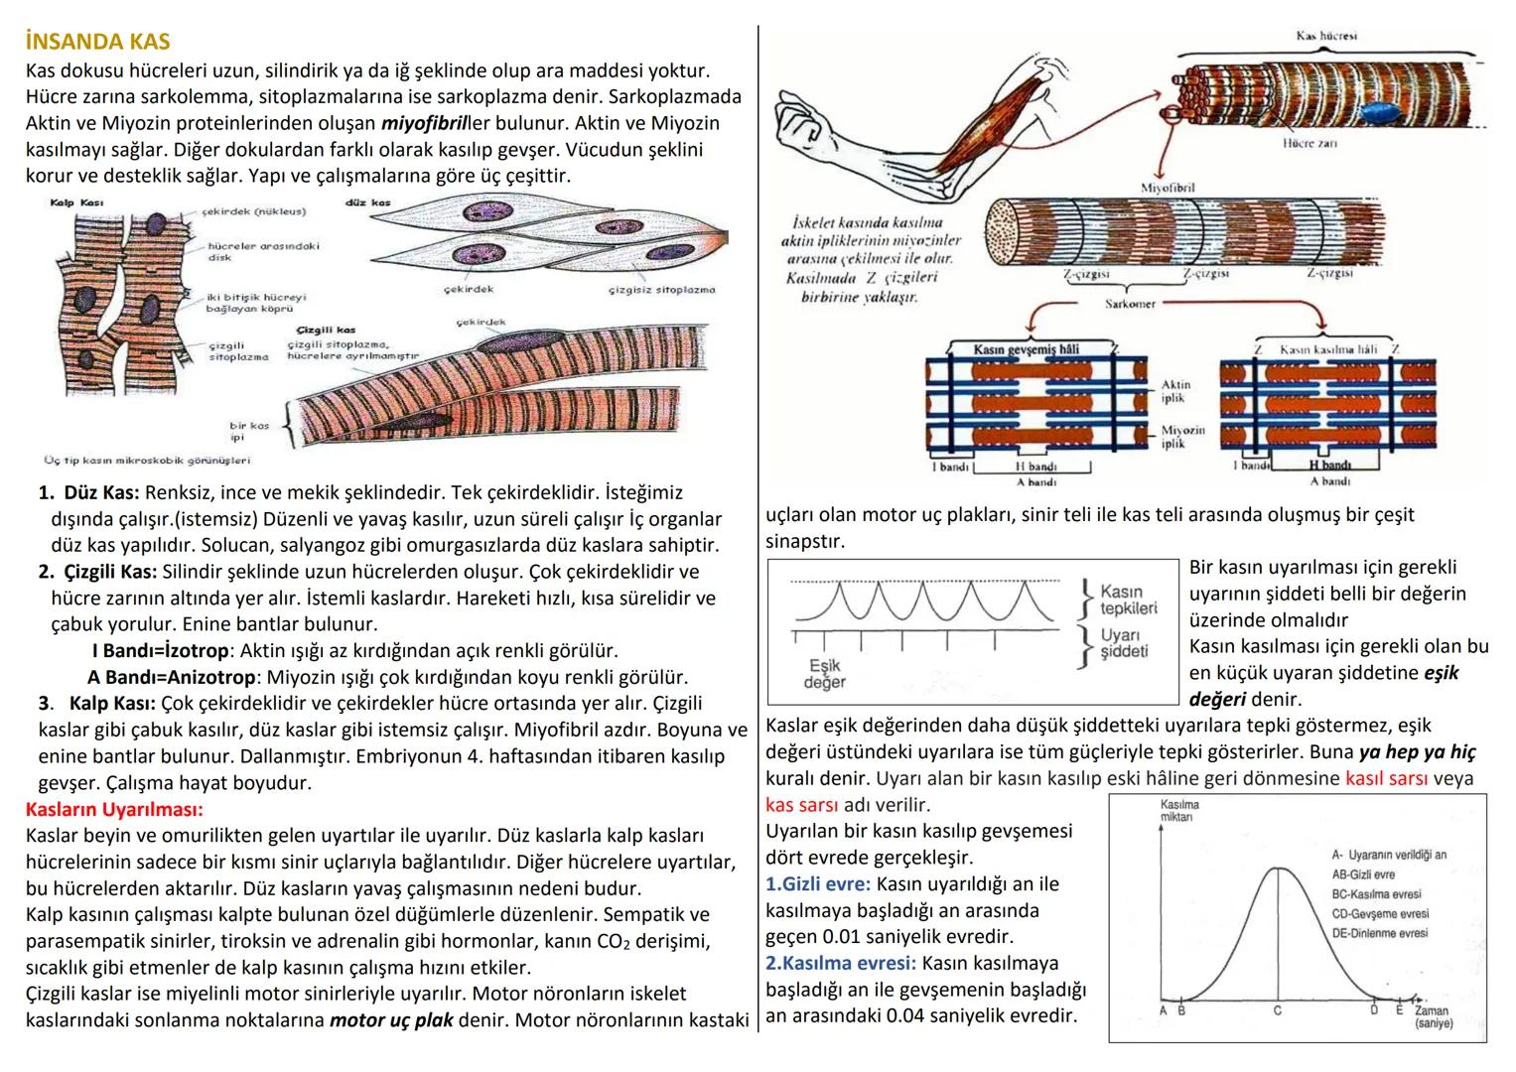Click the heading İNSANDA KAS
[x=97, y=43]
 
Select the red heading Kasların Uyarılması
[x=114, y=809]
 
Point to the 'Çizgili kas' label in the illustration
[x=326, y=330]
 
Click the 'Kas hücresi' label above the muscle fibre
[x=1325, y=36]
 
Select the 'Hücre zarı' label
[x=1309, y=144]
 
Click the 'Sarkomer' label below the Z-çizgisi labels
[x=1130, y=304]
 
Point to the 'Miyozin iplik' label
[x=1182, y=437]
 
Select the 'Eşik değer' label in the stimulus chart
[x=825, y=674]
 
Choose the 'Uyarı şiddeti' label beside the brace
[x=1122, y=643]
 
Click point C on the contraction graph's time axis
[x=1277, y=1009]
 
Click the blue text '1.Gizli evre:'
[x=817, y=883]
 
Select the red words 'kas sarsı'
[x=801, y=804]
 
